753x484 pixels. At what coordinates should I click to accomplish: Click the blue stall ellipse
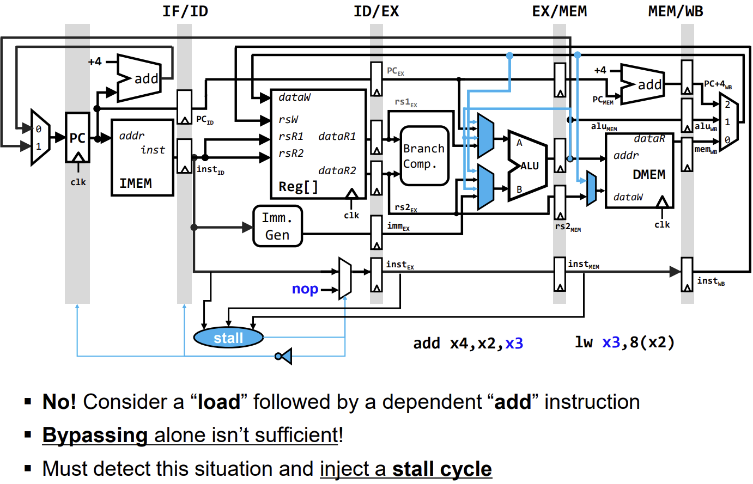228,338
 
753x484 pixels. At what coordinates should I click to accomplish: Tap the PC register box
77,138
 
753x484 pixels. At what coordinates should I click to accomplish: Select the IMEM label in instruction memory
136,183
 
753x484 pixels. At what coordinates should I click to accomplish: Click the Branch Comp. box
424,156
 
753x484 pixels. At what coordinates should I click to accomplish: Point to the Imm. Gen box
277,226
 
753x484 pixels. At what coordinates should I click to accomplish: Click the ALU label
530,166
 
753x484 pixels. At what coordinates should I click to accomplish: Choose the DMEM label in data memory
648,175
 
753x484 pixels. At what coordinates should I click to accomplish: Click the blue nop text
305,289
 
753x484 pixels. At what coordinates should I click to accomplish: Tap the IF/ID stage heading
185,11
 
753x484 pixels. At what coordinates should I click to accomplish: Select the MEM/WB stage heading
675,11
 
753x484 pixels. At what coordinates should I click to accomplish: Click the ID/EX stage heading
376,11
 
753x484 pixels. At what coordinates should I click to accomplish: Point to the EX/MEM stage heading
559,11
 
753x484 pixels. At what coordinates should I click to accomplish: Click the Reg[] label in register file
298,187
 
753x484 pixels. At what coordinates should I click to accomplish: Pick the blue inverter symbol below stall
284,357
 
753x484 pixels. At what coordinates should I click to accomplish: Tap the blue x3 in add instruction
514,344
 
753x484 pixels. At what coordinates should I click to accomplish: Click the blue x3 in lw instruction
611,342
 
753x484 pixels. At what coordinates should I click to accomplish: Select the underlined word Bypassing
95,436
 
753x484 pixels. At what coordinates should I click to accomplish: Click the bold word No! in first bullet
59,402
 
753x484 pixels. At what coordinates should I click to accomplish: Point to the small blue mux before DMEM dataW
591,188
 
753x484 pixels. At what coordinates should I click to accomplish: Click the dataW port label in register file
294,97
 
